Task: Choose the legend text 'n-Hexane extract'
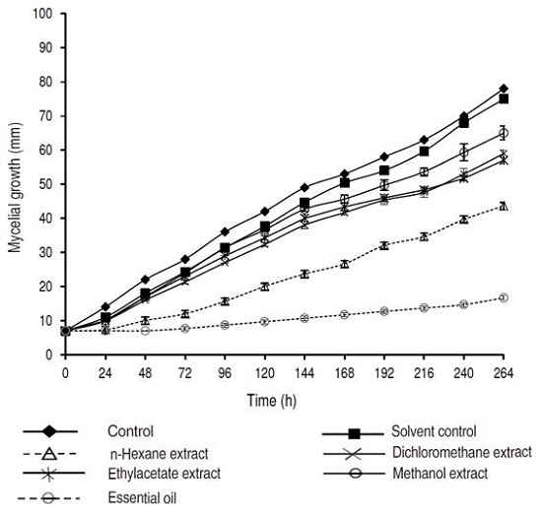click(x=154, y=453)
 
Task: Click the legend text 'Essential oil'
click(x=142, y=496)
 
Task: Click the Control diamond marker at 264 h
click(x=504, y=89)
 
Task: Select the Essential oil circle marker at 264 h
click(x=504, y=297)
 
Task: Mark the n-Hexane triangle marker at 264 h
click(x=504, y=206)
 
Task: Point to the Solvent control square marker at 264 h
click(x=504, y=98)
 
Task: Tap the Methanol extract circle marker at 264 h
click(x=504, y=133)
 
